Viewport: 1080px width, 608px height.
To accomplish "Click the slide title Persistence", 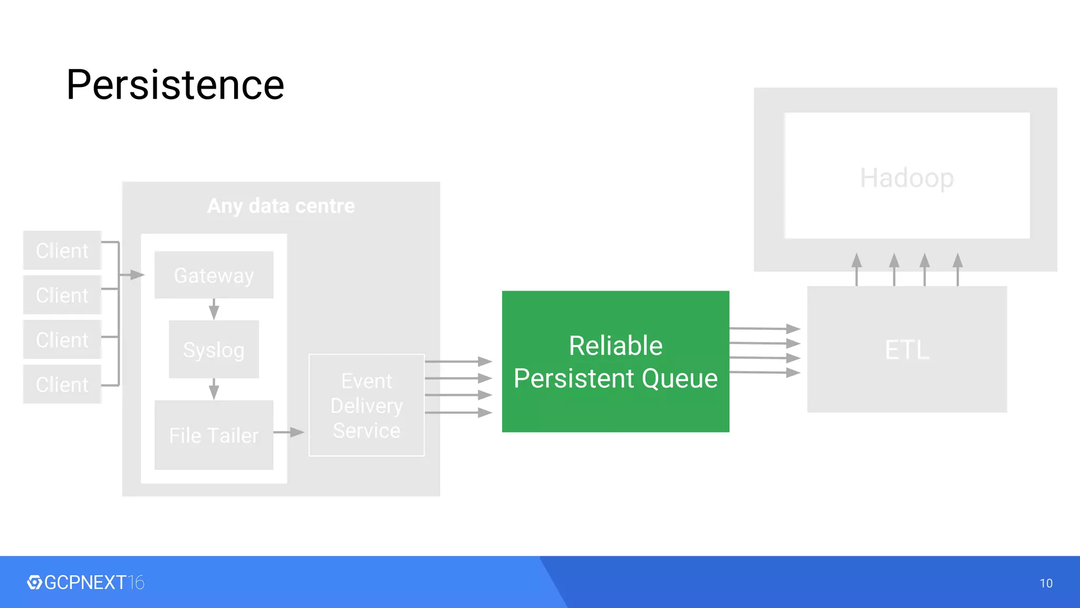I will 175,85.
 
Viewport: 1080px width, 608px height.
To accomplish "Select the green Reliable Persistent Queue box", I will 615,362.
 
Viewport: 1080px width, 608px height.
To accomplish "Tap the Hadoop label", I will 907,178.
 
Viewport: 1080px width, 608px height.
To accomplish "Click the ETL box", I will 907,349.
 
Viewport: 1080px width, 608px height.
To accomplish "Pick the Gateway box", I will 214,275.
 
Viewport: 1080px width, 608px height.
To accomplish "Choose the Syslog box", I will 214,349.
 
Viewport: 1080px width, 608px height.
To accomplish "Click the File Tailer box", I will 214,435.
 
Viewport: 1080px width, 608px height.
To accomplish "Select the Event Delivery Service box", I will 367,405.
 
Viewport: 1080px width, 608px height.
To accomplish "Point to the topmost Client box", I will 62,250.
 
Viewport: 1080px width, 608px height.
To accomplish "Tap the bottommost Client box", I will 62,384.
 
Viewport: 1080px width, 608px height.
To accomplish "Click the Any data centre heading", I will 281,206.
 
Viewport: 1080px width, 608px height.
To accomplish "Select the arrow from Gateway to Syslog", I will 214,309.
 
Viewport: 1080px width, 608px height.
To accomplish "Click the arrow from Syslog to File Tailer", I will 214,389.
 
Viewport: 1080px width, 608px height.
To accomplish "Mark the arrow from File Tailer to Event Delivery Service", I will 289,432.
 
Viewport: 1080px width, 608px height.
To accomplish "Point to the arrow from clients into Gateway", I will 132,274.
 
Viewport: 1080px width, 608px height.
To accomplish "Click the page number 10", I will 1046,583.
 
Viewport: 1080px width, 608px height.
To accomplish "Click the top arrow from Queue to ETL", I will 765,328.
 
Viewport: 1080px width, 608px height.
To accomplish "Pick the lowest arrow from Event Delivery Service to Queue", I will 458,413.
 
